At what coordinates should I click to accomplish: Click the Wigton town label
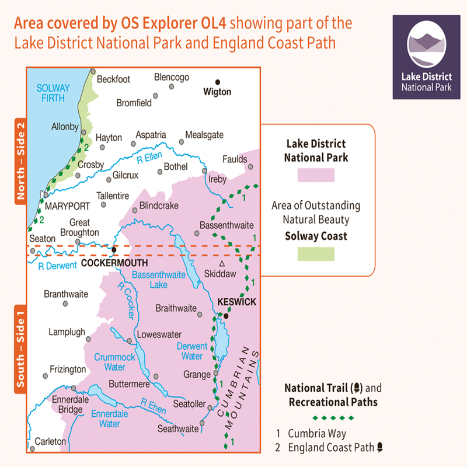pos(217,92)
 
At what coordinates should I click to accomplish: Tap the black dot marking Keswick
pos(225,316)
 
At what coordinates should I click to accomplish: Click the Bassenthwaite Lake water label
pos(149,279)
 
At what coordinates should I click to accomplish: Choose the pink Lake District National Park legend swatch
pos(316,175)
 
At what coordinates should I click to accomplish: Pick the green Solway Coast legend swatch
pos(316,253)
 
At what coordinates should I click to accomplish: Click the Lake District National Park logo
pos(430,57)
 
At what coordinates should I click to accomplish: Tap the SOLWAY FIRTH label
pos(53,93)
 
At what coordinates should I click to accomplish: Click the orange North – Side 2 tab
pos(21,161)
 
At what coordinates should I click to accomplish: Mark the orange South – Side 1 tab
pos(21,348)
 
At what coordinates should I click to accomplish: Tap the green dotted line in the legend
pos(333,417)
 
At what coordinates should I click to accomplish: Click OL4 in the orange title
pos(212,24)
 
